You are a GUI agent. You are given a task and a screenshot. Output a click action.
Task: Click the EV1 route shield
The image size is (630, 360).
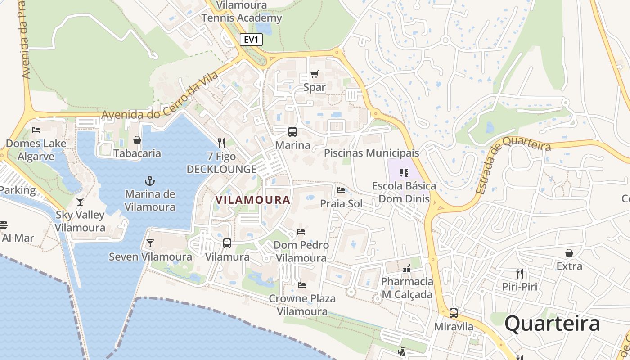click(251, 40)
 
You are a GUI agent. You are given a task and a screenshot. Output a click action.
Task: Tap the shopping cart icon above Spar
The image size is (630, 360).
click(314, 74)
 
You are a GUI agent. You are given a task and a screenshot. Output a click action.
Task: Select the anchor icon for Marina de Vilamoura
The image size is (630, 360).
click(150, 181)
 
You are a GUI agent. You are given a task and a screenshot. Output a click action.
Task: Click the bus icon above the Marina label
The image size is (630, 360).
click(292, 132)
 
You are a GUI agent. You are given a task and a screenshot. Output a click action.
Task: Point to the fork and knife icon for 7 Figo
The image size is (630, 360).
click(221, 143)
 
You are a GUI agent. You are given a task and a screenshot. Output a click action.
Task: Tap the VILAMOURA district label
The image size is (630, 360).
click(252, 200)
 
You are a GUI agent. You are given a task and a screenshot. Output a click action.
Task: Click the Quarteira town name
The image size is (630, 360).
click(552, 324)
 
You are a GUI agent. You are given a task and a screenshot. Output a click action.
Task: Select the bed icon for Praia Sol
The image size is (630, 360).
click(341, 190)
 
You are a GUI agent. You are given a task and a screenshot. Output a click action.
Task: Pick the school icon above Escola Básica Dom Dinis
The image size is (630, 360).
click(404, 172)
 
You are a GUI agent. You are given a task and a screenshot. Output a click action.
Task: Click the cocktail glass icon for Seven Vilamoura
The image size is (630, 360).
click(150, 243)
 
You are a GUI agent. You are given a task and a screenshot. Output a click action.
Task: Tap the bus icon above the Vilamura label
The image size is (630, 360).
click(227, 243)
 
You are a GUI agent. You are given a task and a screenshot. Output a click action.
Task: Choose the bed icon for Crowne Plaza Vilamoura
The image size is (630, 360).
click(302, 285)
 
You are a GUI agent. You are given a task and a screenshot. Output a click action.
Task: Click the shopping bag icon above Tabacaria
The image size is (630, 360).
click(137, 140)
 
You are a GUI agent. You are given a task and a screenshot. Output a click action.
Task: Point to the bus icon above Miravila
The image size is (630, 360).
click(454, 313)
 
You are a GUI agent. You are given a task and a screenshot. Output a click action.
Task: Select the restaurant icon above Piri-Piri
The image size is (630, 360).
click(520, 273)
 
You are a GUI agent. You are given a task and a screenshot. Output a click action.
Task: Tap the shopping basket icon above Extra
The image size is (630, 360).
click(569, 253)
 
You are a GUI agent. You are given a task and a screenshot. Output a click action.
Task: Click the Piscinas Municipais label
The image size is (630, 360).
click(371, 153)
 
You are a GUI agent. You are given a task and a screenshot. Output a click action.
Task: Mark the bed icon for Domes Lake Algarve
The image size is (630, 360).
click(36, 130)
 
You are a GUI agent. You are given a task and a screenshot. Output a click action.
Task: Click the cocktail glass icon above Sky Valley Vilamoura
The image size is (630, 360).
click(80, 201)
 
